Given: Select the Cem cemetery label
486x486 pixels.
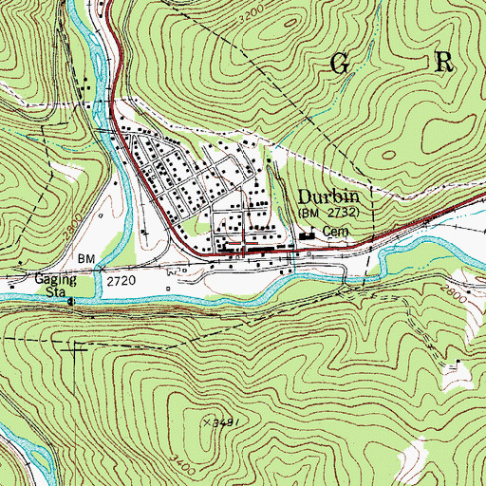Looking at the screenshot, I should point(331,231).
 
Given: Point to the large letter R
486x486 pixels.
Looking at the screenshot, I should point(444,63).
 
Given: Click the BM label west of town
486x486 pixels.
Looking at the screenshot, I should point(85,259).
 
